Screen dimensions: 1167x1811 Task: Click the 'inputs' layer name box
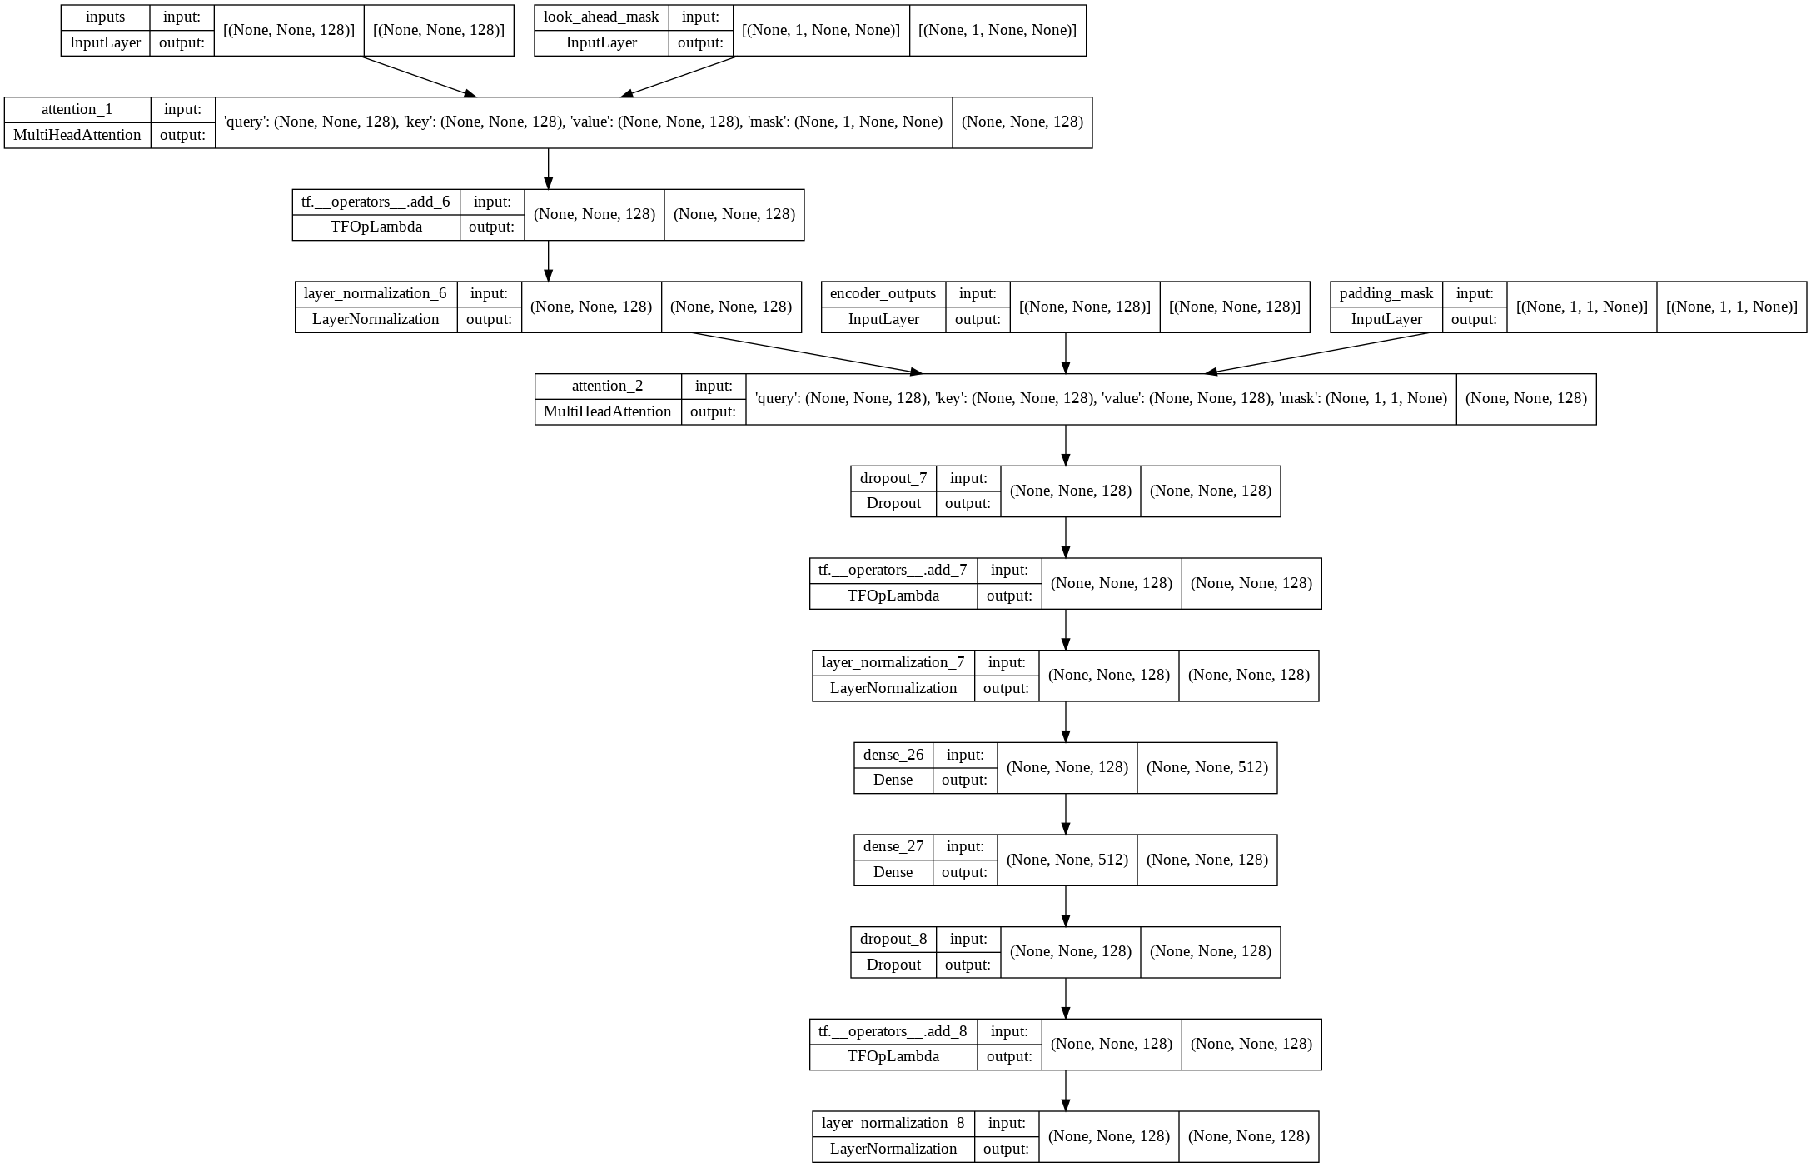(x=105, y=17)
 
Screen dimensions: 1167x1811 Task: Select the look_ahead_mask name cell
(x=600, y=17)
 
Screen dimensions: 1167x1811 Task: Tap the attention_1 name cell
(x=77, y=110)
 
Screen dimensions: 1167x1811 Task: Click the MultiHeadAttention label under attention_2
(x=607, y=411)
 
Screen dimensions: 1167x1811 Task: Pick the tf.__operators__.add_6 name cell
(x=376, y=202)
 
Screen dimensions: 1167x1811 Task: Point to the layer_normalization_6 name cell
(x=375, y=294)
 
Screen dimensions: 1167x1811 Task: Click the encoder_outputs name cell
(x=883, y=294)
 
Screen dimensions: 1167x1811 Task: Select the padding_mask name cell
(x=1386, y=294)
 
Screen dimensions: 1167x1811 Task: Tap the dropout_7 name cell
(x=893, y=478)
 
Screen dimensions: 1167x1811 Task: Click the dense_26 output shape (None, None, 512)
(x=1207, y=767)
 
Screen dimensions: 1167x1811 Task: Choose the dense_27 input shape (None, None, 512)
(x=1067, y=860)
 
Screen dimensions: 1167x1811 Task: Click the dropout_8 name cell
(x=893, y=939)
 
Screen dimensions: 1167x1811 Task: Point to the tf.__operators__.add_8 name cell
(x=893, y=1031)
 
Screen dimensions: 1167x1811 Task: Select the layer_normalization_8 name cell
(x=893, y=1123)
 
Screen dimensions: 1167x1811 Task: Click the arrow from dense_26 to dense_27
(x=1065, y=814)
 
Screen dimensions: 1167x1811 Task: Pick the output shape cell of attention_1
(x=1022, y=122)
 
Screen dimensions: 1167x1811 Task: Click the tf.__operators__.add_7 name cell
(x=893, y=571)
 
